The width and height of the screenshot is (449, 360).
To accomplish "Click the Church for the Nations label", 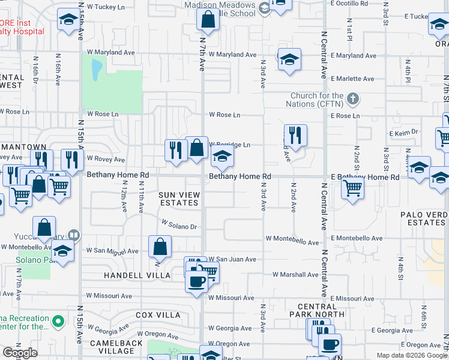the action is click(x=317, y=100).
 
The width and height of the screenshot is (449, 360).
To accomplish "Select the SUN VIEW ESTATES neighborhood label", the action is click(x=178, y=199).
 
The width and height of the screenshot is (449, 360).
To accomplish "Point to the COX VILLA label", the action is click(x=158, y=315).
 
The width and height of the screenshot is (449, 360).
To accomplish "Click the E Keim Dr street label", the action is click(x=403, y=132).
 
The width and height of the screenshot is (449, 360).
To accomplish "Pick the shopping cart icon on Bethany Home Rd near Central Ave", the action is click(x=352, y=188).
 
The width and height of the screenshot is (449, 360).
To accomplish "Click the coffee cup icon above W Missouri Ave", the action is click(x=196, y=281).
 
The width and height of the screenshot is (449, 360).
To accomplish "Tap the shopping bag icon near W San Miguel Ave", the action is click(x=160, y=247).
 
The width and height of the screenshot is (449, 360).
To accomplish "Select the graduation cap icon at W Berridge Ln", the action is click(x=222, y=158).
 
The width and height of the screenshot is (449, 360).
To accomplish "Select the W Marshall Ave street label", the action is click(x=295, y=274).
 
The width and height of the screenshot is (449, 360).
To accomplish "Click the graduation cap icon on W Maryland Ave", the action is click(x=289, y=59).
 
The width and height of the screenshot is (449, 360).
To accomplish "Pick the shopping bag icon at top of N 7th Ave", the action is click(x=207, y=20).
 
